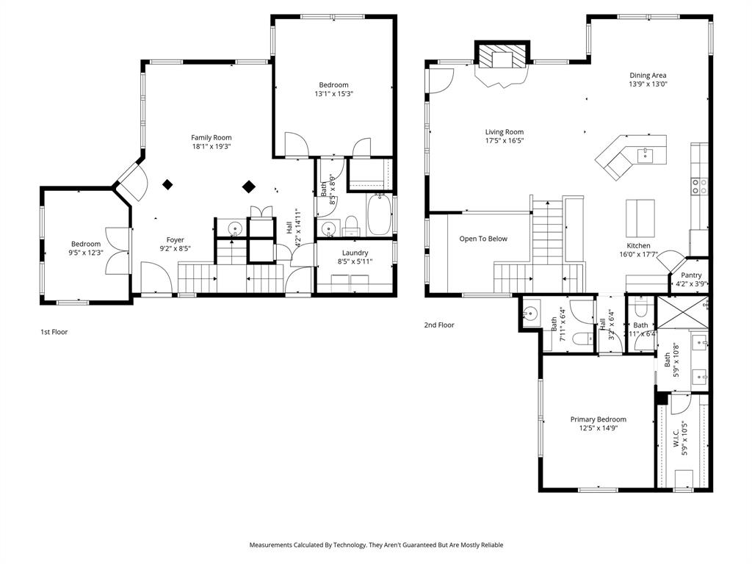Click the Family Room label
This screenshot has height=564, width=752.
[211, 137]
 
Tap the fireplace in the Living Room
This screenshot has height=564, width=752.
[502, 62]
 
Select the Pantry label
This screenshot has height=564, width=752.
[691, 275]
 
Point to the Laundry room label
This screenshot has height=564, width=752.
[355, 253]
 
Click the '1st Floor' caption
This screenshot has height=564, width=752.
[54, 332]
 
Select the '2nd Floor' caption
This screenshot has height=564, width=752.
[439, 325]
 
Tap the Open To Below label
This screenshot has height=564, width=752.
[483, 239]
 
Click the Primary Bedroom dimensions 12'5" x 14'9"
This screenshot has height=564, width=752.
[599, 428]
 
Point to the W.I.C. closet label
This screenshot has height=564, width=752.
[676, 443]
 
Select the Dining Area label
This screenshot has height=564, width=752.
[648, 75]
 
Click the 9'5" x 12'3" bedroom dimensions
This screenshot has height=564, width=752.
[86, 253]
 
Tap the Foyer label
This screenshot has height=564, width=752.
[175, 239]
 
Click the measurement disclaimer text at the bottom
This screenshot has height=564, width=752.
[376, 545]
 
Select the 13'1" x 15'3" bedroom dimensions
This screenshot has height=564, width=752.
[333, 93]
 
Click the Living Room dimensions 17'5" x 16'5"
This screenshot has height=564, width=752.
[504, 140]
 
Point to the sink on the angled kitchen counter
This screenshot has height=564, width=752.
[646, 154]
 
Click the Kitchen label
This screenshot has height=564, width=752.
[638, 246]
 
